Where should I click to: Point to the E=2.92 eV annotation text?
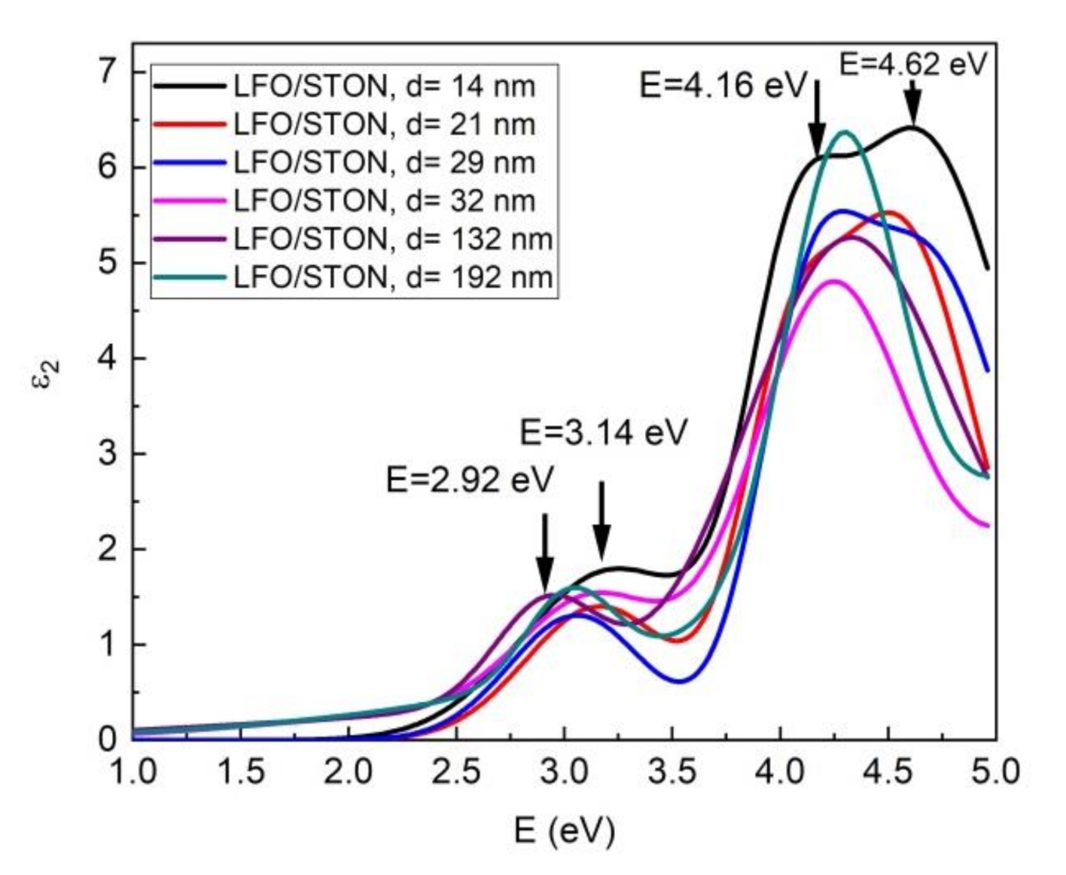[x=470, y=480]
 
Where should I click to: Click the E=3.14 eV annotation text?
[x=604, y=433]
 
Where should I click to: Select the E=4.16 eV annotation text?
[x=723, y=85]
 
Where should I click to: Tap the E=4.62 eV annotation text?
[x=912, y=65]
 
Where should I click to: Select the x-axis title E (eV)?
[x=565, y=831]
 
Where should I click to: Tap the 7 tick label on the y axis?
[x=109, y=72]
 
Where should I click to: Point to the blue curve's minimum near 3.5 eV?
[x=679, y=681]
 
